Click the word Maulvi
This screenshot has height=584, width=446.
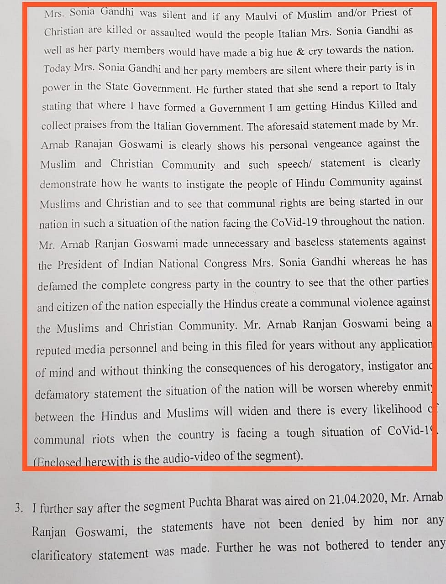(x=262, y=16)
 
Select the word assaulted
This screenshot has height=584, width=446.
(x=171, y=33)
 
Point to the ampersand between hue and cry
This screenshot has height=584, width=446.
(x=300, y=51)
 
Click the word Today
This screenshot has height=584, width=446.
(x=57, y=69)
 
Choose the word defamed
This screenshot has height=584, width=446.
(x=58, y=286)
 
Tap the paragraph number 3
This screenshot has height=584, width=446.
(x=19, y=508)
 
